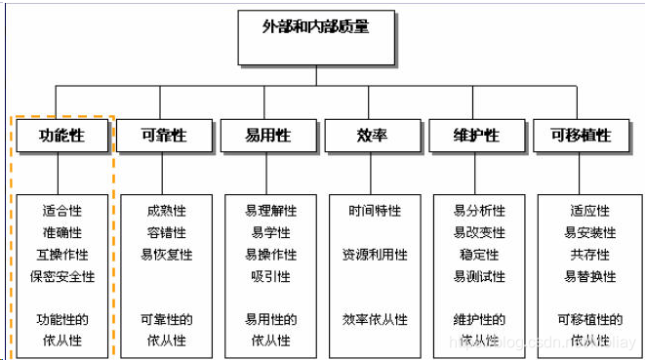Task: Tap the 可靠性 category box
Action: click(x=164, y=136)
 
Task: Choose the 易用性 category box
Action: click(x=268, y=136)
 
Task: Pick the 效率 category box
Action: click(x=372, y=136)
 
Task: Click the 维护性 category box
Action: click(x=477, y=136)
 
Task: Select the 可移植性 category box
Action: click(x=582, y=136)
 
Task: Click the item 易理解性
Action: click(x=270, y=211)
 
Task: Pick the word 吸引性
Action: click(x=270, y=276)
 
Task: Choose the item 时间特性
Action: click(x=375, y=211)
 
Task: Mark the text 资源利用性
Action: click(x=375, y=255)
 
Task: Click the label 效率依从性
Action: click(x=375, y=319)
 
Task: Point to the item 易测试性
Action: click(x=479, y=276)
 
